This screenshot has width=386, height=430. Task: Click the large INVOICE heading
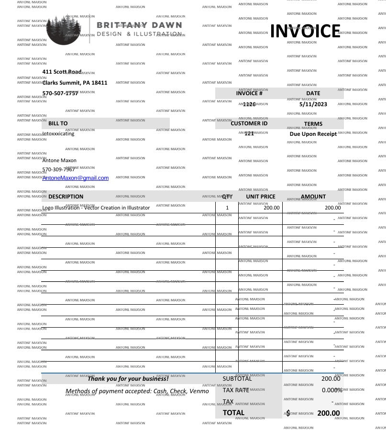(x=305, y=31)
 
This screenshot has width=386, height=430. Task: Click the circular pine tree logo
(x=65, y=29)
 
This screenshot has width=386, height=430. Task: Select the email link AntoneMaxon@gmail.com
(x=76, y=178)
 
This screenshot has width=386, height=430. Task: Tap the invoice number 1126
(x=249, y=104)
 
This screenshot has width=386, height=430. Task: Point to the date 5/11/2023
(x=313, y=104)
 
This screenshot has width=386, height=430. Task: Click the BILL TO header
(x=58, y=123)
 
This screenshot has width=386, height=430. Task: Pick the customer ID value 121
(x=249, y=134)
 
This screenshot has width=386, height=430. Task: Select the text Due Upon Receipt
(x=313, y=134)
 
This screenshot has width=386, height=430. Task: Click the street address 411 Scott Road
(x=62, y=72)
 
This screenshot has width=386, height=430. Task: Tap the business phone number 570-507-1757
(x=60, y=93)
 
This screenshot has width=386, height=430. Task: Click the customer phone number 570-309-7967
(x=58, y=169)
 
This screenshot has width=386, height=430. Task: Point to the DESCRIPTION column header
(x=66, y=197)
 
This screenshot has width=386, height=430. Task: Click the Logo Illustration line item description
(x=96, y=208)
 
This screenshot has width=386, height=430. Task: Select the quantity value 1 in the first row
(x=227, y=208)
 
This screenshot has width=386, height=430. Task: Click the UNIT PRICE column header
(x=261, y=197)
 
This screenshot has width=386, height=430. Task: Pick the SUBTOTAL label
(x=237, y=379)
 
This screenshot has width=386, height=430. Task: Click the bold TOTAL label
(x=233, y=413)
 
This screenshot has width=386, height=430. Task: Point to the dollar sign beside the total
(x=288, y=413)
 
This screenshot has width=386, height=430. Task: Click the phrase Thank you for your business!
(x=128, y=379)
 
